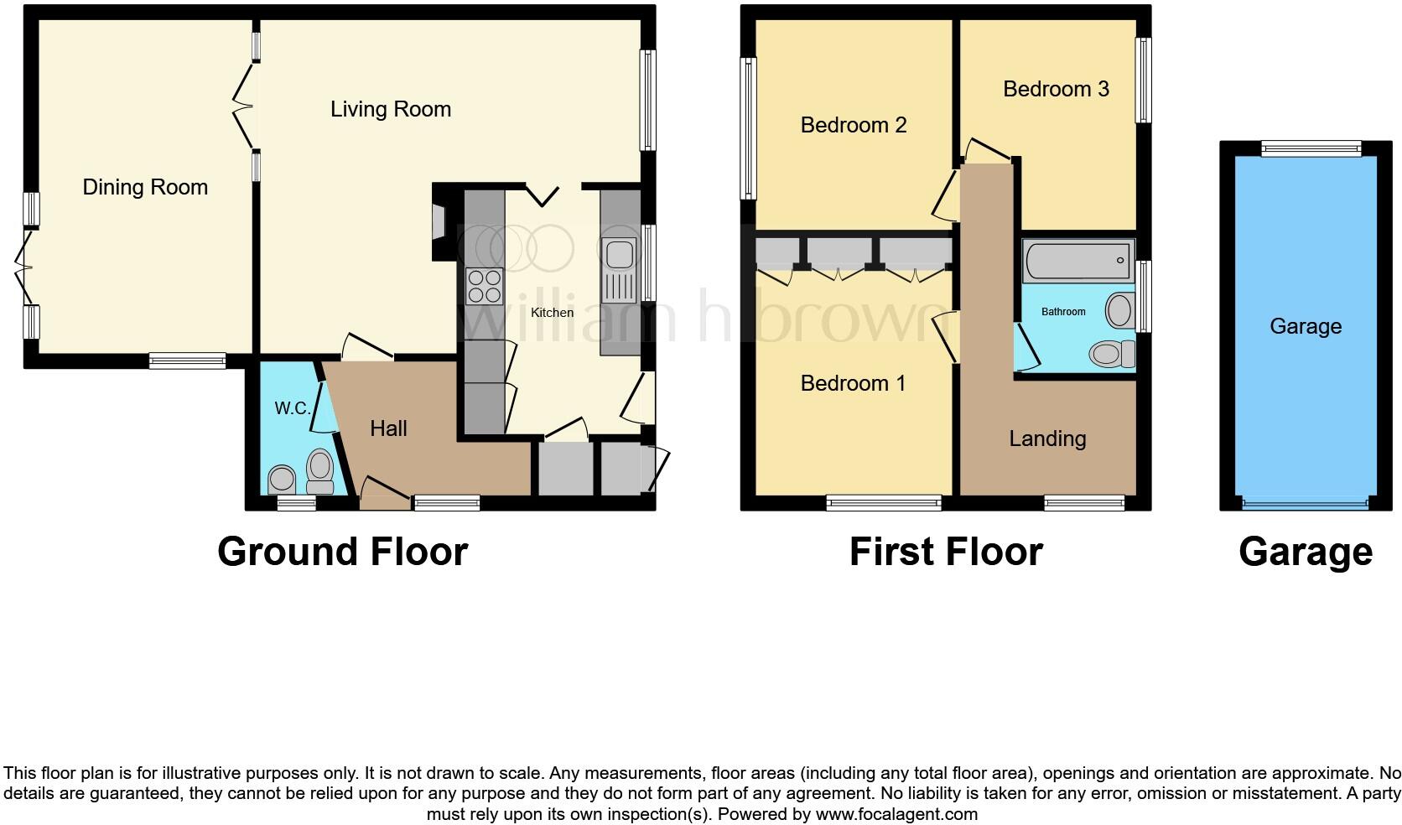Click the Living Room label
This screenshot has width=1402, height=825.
pyautogui.click(x=391, y=109)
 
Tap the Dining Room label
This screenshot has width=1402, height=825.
pyautogui.click(x=145, y=187)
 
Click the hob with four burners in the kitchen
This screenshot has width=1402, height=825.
pyautogui.click(x=484, y=285)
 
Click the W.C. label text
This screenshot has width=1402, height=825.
pyautogui.click(x=293, y=409)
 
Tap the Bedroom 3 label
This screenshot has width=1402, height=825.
pyautogui.click(x=1056, y=89)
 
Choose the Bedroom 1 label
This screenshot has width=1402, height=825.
pyautogui.click(x=853, y=383)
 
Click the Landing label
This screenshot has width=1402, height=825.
pyautogui.click(x=1047, y=438)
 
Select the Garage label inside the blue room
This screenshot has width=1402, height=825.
pyautogui.click(x=1305, y=326)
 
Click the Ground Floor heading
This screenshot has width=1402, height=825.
pyautogui.click(x=342, y=552)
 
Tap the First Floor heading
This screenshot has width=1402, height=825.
pyautogui.click(x=946, y=552)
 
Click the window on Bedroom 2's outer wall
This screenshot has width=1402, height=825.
pyautogui.click(x=748, y=127)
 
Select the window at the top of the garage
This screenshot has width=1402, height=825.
pyautogui.click(x=1311, y=148)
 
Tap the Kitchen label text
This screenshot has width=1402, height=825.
pyautogui.click(x=553, y=313)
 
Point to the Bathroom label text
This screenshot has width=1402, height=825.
pyautogui.click(x=1063, y=312)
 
